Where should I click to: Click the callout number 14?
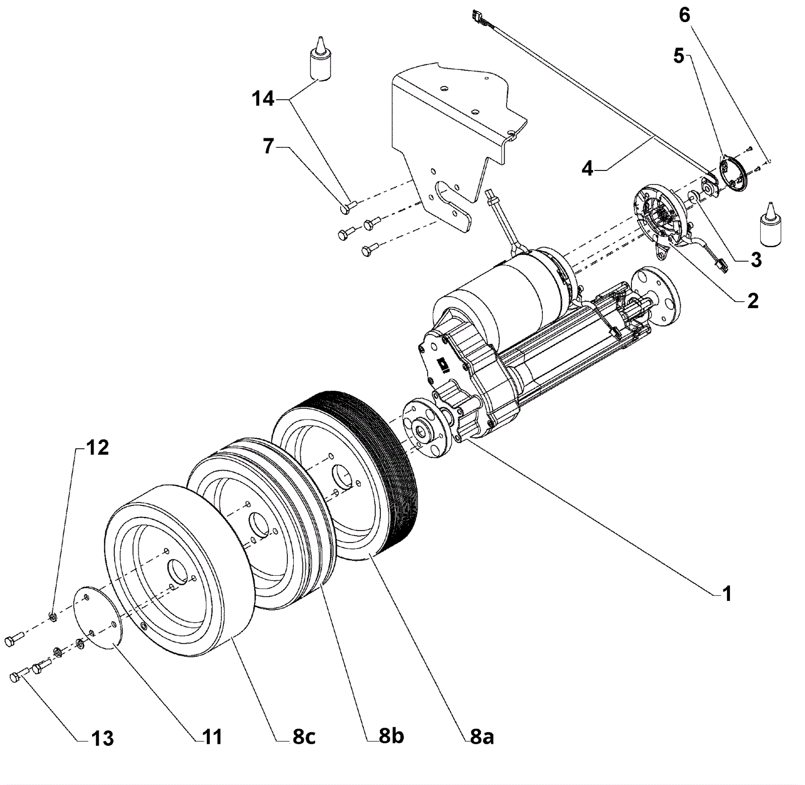263,99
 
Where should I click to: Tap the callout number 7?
269,146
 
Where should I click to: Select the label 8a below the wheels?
482,736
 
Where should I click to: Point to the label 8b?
391,736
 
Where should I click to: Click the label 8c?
304,737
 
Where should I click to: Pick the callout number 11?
212,737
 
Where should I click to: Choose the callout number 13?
103,739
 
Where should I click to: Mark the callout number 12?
97,447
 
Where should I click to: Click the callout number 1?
727,594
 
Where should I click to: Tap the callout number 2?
753,301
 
